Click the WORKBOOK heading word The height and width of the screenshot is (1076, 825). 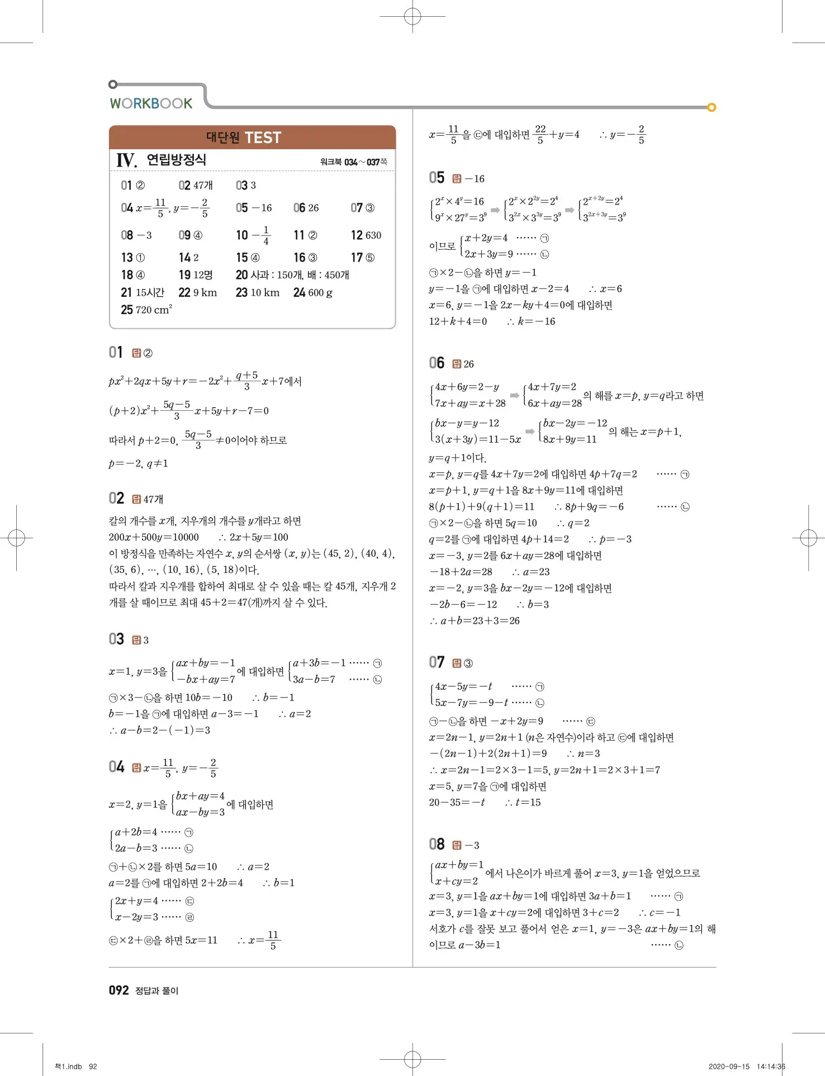click(151, 103)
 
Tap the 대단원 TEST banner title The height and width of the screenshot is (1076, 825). click(244, 138)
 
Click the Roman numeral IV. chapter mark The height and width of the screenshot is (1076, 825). click(126, 160)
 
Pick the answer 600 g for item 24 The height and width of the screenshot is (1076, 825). click(320, 292)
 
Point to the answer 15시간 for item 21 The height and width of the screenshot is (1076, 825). click(150, 292)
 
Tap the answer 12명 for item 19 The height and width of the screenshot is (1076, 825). click(203, 275)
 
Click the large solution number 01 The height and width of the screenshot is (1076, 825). click(116, 352)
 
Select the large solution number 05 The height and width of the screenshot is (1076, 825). click(437, 178)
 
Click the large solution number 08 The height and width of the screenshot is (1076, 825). click(437, 844)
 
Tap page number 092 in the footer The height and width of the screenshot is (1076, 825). click(118, 990)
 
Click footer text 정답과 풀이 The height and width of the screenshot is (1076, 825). click(157, 990)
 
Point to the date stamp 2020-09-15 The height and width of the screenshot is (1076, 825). click(729, 1066)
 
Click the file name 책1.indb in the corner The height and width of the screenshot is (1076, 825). click(69, 1066)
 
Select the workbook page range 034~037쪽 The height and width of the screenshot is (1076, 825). click(354, 162)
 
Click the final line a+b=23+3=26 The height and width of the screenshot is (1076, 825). click(475, 620)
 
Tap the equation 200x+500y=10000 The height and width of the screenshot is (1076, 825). click(154, 537)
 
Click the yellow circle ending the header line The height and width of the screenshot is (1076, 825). click(712, 107)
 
